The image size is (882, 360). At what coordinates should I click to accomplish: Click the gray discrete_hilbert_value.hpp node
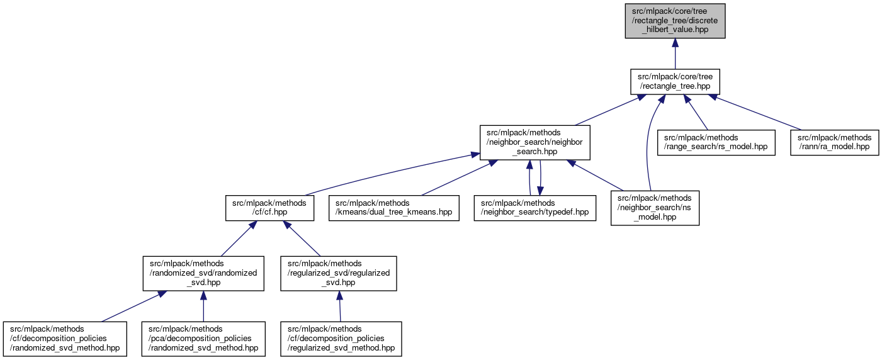click(x=675, y=21)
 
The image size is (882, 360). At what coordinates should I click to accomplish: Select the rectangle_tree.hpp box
click(x=675, y=81)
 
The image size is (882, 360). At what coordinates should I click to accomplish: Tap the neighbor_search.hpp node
click(x=534, y=142)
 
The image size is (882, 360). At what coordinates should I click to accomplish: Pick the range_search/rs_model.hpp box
click(x=716, y=142)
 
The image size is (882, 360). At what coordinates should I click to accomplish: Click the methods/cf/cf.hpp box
click(x=269, y=208)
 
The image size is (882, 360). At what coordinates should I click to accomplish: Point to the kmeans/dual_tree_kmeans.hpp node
click(x=393, y=208)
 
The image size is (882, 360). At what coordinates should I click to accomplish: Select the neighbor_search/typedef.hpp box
click(x=534, y=208)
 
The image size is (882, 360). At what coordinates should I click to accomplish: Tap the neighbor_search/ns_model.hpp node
click(x=655, y=208)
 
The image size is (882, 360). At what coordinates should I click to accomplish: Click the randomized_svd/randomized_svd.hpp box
click(x=203, y=273)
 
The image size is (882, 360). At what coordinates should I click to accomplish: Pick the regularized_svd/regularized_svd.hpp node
click(x=339, y=273)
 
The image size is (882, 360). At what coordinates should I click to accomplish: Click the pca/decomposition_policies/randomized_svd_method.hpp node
click(x=203, y=339)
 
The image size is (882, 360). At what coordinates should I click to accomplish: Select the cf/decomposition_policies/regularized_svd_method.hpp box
click(x=342, y=339)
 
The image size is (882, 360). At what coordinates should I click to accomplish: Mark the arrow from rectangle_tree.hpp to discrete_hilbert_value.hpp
click(x=675, y=53)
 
